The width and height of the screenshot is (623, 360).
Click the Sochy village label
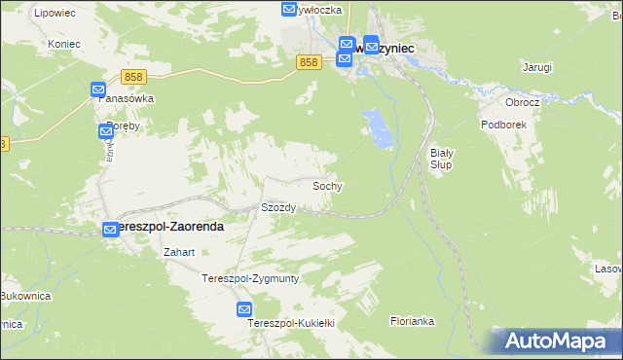pyautogui.click(x=327, y=185)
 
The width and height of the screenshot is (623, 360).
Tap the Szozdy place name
pyautogui.click(x=278, y=208)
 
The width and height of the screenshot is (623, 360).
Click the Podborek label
pyautogui.click(x=502, y=125)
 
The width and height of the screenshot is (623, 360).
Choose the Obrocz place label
pyautogui.click(x=522, y=101)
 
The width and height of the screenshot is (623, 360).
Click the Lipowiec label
pyautogui.click(x=55, y=13)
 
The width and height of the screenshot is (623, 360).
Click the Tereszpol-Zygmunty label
pyautogui.click(x=250, y=278)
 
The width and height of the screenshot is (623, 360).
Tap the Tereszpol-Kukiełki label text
pyautogui.click(x=291, y=322)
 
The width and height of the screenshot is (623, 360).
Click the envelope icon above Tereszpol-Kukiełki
pyautogui.click(x=244, y=309)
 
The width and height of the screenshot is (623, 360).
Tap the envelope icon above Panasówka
pyautogui.click(x=98, y=90)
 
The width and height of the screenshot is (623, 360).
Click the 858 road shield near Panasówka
pyautogui.click(x=134, y=76)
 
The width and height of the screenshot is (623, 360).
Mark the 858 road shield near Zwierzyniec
pyautogui.click(x=309, y=62)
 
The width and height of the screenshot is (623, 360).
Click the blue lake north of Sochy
pyautogui.click(x=379, y=128)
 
